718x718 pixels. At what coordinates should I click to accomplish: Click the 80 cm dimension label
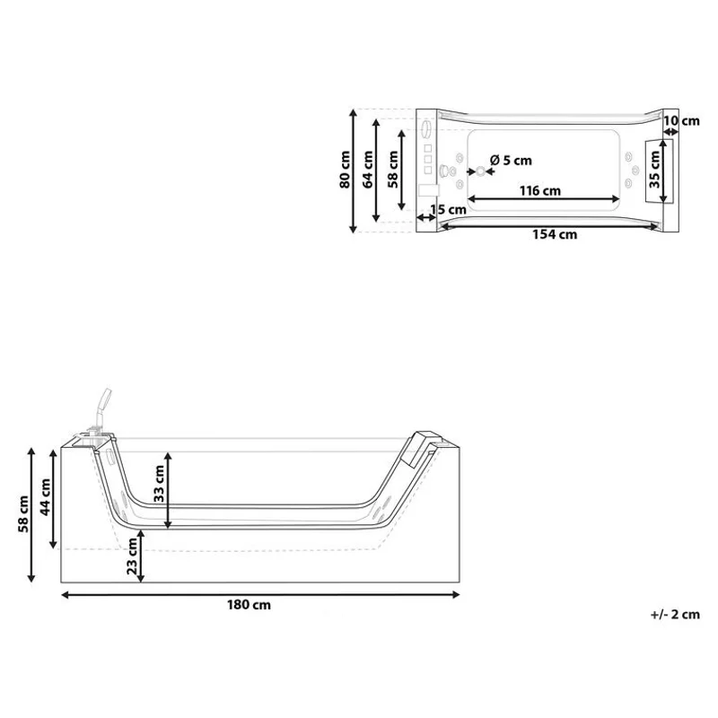pos(345,170)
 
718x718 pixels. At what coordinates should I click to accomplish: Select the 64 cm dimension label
pos(368,170)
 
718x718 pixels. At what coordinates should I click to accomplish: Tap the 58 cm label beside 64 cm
pos(393,170)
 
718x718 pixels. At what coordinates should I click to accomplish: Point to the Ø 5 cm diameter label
pos(511,161)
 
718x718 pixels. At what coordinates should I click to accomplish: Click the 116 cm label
pos(540,190)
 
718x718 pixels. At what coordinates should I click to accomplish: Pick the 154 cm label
pos(555,234)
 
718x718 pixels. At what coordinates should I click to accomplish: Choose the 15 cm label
pos(448,210)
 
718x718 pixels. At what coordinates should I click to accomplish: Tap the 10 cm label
pos(681,121)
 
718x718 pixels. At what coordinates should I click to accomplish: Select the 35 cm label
pos(655,170)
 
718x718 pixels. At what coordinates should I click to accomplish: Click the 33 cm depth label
pos(159,484)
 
